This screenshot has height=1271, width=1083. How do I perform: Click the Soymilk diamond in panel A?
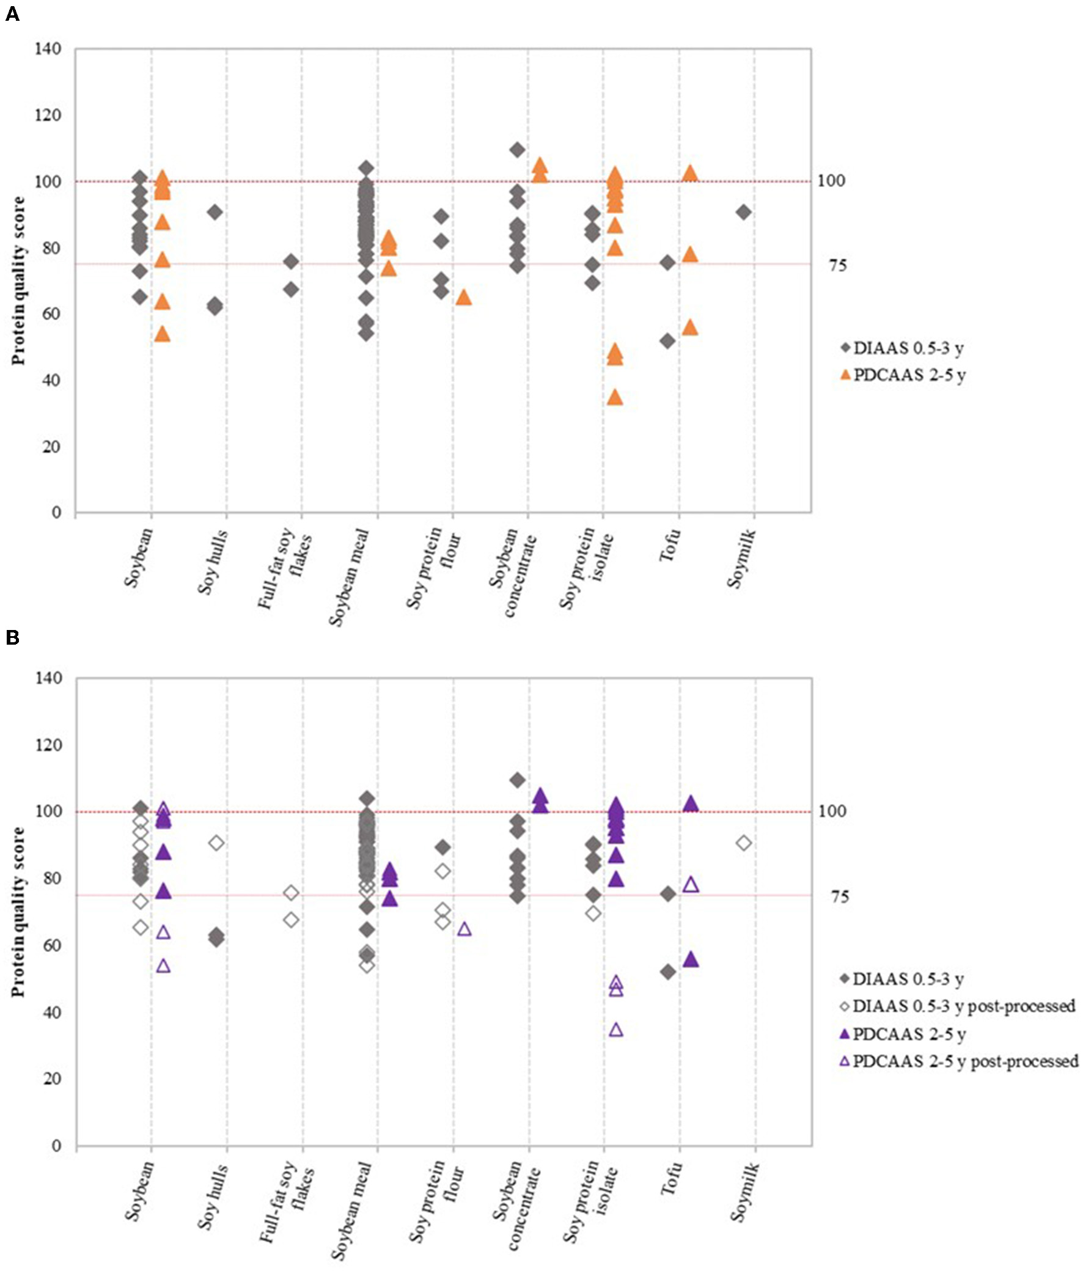click(x=743, y=212)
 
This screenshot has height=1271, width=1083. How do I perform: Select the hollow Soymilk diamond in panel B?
click(x=743, y=843)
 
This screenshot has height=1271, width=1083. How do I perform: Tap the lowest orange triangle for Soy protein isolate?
click(x=615, y=398)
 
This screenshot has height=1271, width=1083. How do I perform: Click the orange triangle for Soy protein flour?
click(x=464, y=298)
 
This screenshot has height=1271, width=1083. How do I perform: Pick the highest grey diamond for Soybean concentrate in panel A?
click(x=517, y=150)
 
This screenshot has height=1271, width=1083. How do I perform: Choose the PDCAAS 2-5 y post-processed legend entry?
click(x=958, y=1061)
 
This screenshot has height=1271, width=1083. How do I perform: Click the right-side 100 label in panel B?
click(x=832, y=811)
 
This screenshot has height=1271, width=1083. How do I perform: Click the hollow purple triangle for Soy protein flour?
click(x=464, y=929)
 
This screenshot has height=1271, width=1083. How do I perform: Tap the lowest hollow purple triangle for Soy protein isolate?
click(x=616, y=1029)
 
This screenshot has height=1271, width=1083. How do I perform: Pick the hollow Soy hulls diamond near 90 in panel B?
click(x=216, y=843)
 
